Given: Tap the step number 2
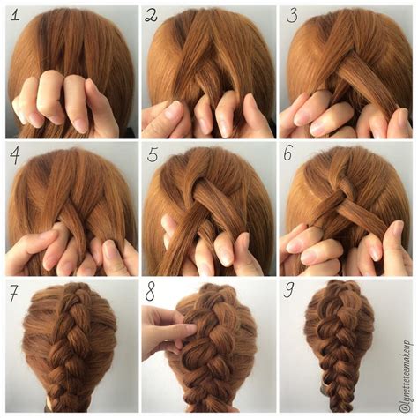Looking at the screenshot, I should coord(152,15).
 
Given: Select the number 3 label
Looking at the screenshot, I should coord(291,15).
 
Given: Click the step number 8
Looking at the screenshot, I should coord(151,293).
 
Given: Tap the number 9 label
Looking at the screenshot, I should coord(290,293).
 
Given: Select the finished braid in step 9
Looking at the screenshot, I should coord(347,353).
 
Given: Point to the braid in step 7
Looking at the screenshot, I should coord(71,353).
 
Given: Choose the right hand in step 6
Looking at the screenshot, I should coord(388,251).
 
